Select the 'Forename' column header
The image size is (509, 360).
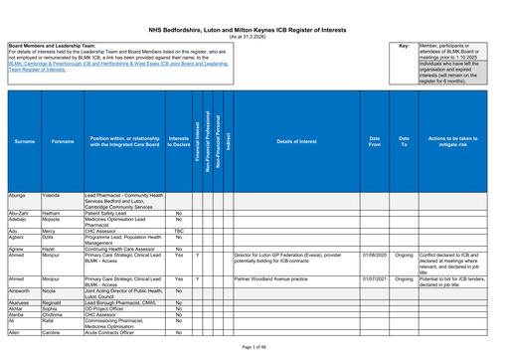(63, 142)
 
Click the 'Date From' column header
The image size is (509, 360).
(375, 142)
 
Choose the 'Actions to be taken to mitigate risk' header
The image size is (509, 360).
(457, 142)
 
